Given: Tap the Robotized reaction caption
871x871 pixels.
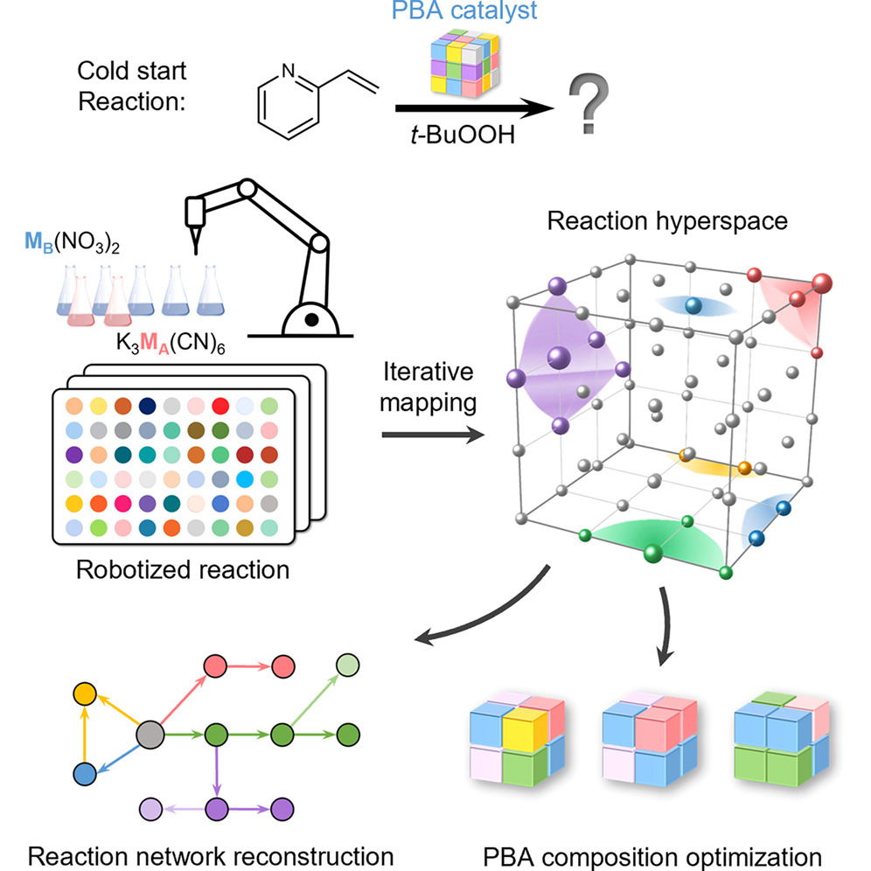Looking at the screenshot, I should [x=182, y=570].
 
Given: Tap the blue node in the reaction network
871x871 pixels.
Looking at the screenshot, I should [x=84, y=773].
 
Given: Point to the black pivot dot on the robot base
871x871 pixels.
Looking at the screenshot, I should [x=310, y=322].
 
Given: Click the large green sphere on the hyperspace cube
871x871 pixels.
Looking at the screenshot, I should [x=652, y=553].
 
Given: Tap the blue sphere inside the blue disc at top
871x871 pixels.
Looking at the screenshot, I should [x=693, y=304].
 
